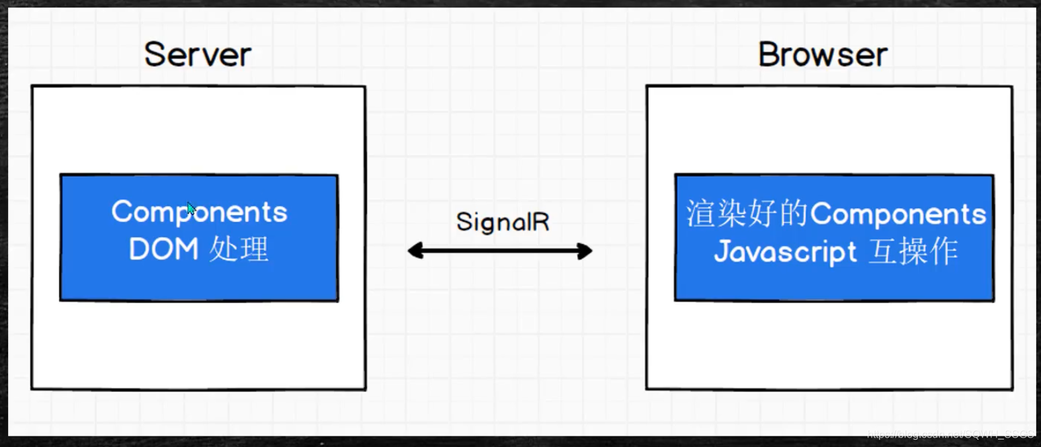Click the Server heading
(198, 54)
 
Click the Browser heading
(823, 54)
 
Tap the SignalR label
(503, 222)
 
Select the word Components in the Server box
(199, 212)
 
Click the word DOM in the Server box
(163, 250)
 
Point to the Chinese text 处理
(239, 250)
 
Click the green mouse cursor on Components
(192, 209)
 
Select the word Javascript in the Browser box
(785, 253)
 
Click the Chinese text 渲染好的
(747, 214)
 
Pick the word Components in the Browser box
(899, 214)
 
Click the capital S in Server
(155, 54)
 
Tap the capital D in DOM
(139, 250)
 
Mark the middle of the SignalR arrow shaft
(500, 251)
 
